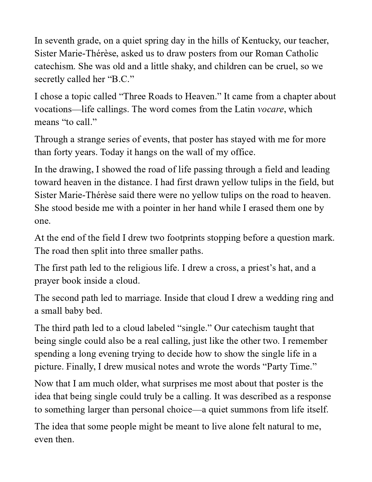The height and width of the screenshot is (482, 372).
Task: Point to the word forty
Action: [x=62, y=152]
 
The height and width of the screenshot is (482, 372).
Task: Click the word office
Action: [x=243, y=152]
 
